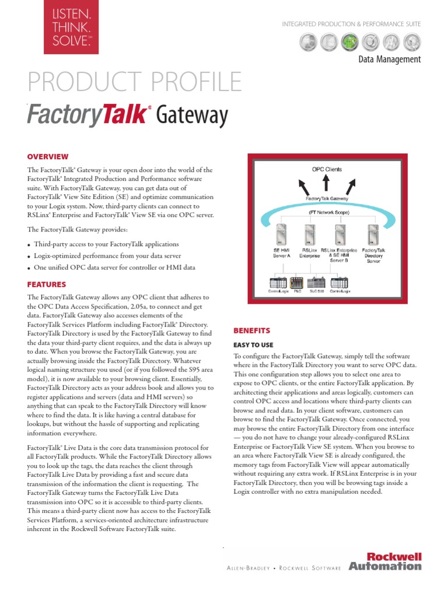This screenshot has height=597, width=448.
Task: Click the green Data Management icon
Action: (x=349, y=41)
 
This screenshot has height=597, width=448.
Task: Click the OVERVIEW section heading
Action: (x=48, y=157)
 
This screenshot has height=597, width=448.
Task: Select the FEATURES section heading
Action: (x=47, y=285)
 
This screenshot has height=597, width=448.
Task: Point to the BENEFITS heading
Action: (x=252, y=330)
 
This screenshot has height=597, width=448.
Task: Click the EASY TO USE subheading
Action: (x=253, y=345)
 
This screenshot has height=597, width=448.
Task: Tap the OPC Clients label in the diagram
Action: (x=327, y=170)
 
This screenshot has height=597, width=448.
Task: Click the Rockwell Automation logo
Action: (x=384, y=562)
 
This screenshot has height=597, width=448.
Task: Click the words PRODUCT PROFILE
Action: (x=135, y=82)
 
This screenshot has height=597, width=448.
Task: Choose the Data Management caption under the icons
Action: (x=389, y=59)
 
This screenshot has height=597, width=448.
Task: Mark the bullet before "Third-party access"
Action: (x=29, y=245)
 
